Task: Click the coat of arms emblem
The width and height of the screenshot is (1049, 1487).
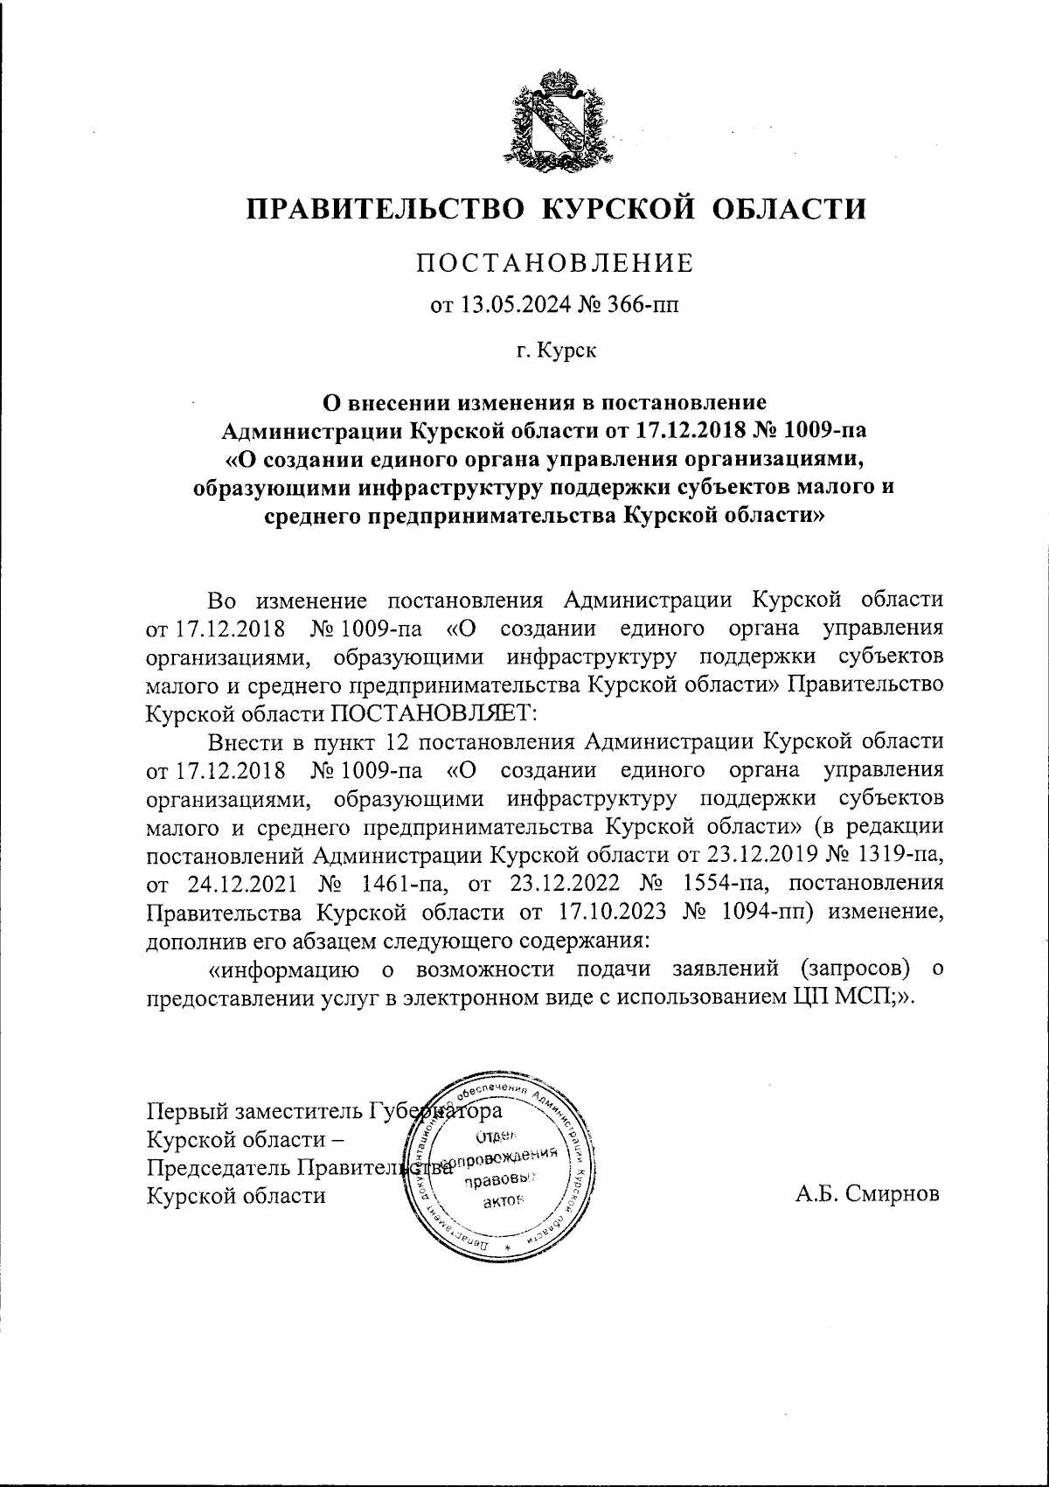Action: point(555,118)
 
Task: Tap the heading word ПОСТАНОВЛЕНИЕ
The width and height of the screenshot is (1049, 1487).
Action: point(555,263)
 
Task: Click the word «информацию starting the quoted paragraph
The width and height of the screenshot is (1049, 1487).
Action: point(281,969)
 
